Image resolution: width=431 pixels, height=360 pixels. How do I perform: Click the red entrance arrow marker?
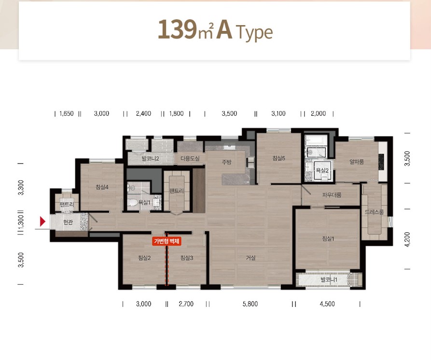click(42, 221)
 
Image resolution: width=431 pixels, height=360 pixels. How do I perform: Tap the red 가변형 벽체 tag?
click(167, 241)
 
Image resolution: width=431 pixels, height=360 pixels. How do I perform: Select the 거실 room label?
click(250, 258)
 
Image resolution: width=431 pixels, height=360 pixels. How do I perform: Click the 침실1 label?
click(328, 238)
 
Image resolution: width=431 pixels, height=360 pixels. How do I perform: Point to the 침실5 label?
click(278, 158)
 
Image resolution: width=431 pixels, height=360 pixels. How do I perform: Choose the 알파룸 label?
click(357, 162)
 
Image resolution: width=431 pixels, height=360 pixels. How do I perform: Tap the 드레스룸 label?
click(375, 212)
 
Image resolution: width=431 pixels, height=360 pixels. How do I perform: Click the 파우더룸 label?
click(332, 195)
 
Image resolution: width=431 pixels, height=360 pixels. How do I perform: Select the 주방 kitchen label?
click(227, 162)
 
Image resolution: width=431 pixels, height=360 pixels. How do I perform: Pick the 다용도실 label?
click(190, 159)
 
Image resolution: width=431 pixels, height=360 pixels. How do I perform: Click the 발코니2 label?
click(151, 159)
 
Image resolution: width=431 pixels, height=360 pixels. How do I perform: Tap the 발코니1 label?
click(329, 280)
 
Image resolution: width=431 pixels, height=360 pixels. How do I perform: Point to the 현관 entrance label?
click(68, 222)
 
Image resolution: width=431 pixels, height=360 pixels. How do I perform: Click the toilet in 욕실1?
click(132, 203)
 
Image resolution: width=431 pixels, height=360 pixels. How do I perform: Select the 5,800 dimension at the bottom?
click(250, 304)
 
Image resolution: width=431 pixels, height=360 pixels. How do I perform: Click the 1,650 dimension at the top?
click(67, 113)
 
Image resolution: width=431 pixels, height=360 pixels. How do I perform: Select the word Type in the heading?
click(254, 33)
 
